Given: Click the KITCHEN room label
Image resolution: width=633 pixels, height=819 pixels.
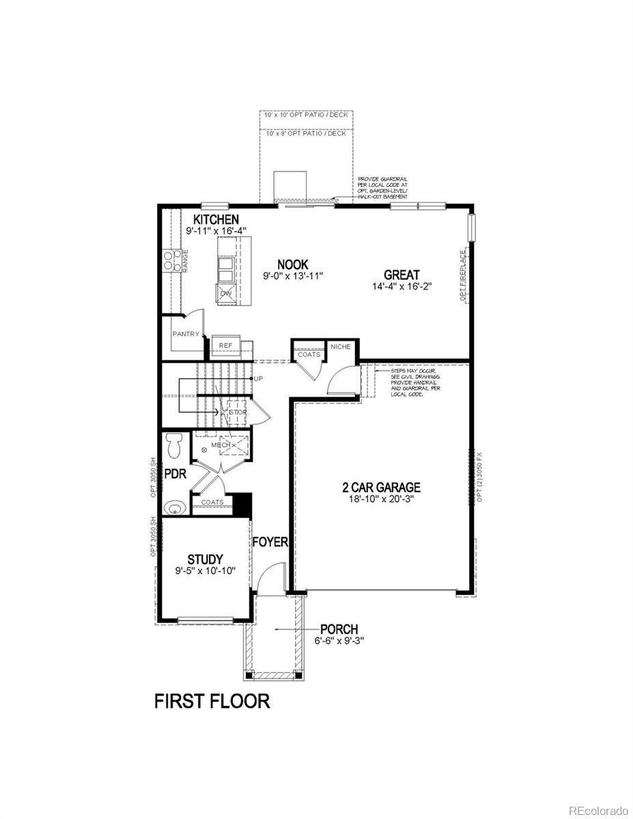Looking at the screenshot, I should [x=216, y=219].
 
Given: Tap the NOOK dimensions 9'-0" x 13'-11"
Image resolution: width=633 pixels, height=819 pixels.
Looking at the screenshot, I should [x=292, y=276].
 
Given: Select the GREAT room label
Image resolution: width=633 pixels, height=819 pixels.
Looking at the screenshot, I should [x=401, y=275].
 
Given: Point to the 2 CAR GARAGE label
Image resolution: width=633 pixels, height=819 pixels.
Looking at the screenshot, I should [x=381, y=487].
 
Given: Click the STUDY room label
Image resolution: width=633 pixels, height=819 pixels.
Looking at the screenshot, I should [x=206, y=559].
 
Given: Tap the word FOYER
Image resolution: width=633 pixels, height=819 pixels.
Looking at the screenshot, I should [x=270, y=543].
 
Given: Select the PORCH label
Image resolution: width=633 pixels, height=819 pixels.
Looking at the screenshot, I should [x=339, y=629].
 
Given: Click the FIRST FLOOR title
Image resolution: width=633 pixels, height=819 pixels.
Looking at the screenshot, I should [x=212, y=701].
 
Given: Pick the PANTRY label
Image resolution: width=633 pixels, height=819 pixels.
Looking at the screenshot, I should [x=186, y=334].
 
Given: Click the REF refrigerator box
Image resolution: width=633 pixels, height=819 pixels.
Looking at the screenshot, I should [x=225, y=345].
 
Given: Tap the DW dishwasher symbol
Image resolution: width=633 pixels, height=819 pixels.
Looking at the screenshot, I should [x=225, y=293].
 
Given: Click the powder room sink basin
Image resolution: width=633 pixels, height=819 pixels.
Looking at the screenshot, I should [x=175, y=507].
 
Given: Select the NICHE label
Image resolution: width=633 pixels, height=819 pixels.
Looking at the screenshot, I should [x=340, y=347].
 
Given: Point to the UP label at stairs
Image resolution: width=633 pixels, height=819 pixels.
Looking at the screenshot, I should [x=259, y=378].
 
